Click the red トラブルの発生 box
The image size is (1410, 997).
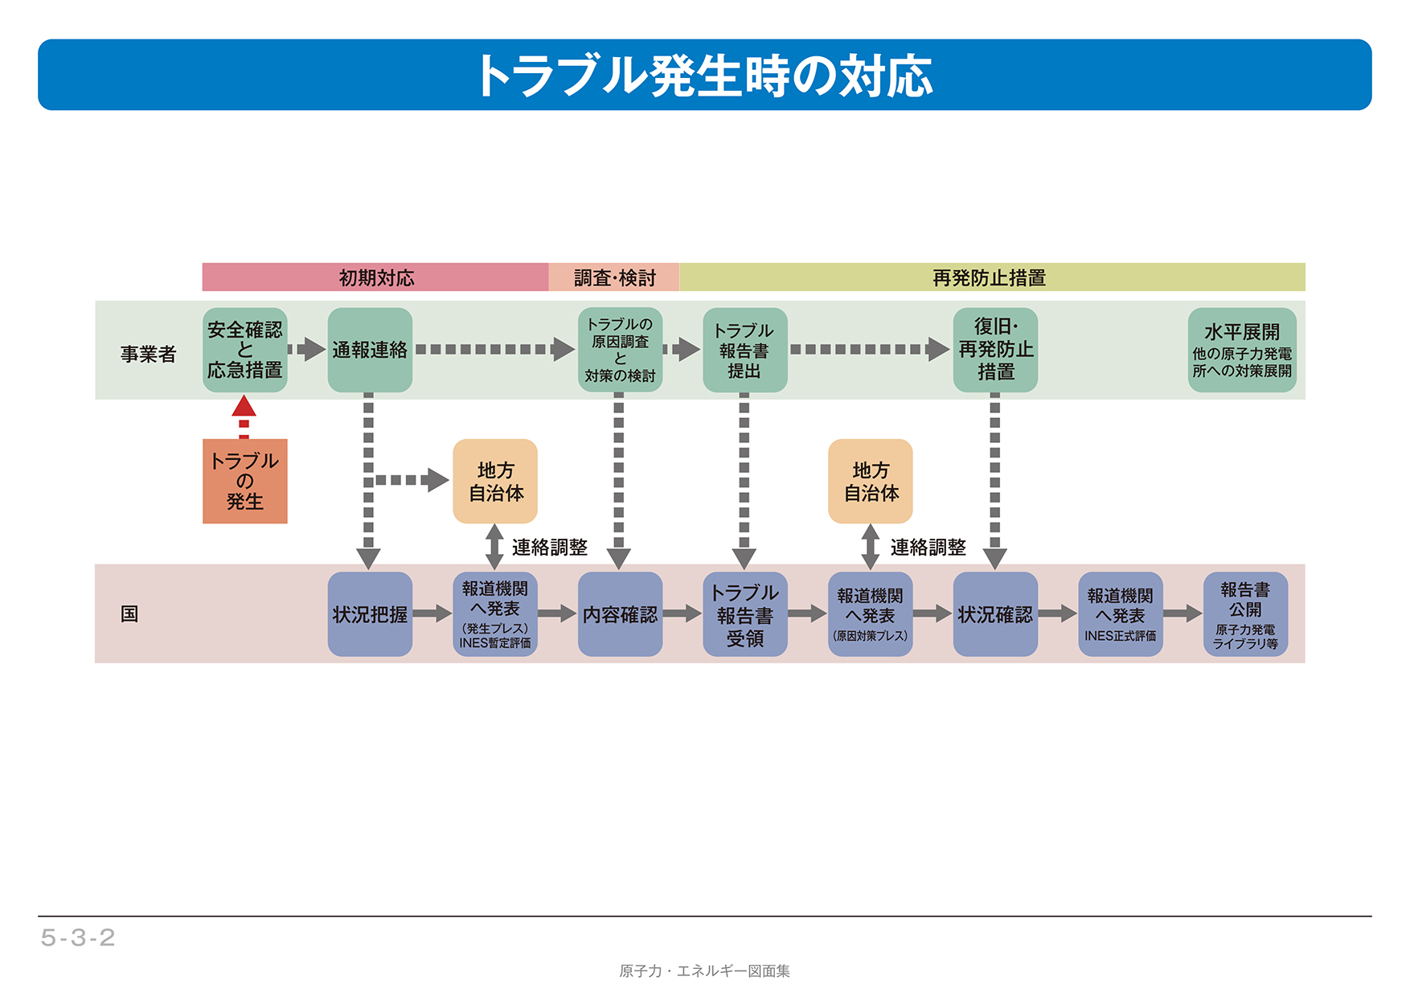[x=244, y=481]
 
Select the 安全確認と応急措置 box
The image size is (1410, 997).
[x=244, y=350]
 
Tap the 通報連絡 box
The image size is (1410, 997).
[x=370, y=350]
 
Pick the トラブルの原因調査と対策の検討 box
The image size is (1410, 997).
[x=620, y=350]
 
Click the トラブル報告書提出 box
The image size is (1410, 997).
[x=744, y=350]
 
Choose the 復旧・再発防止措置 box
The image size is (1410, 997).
[x=995, y=350]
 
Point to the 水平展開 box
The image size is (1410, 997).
[x=1242, y=350]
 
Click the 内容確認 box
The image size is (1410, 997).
[x=620, y=614]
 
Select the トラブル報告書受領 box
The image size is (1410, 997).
[x=744, y=614]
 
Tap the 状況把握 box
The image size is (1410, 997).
[x=370, y=614]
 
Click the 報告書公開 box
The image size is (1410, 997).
[x=1245, y=614]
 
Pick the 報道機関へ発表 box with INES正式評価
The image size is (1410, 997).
[x=1120, y=614]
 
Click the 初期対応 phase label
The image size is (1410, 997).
[x=375, y=277]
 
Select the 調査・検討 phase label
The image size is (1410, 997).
[x=614, y=277]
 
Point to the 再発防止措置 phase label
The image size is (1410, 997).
[x=989, y=277]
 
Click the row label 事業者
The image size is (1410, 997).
[x=148, y=354]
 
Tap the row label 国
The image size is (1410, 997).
[x=129, y=614]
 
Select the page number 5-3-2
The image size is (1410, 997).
[x=78, y=938]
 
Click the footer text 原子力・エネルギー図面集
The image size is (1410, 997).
[x=704, y=971]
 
